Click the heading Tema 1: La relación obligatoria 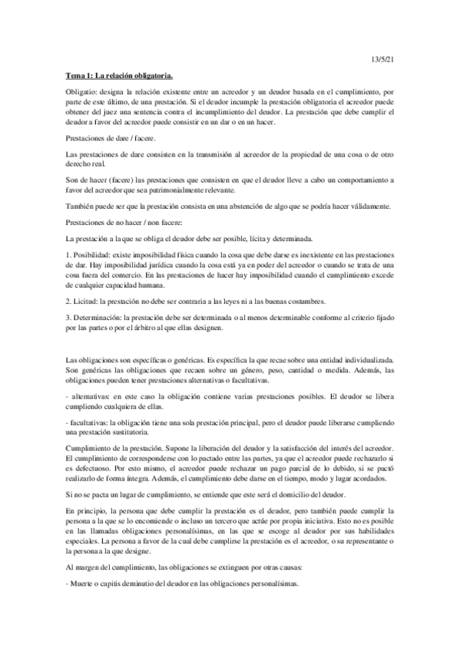point(118,75)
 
